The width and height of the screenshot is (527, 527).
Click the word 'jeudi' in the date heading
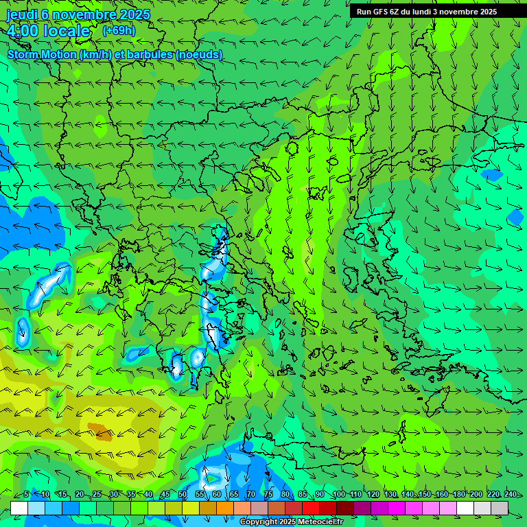pos(22,14)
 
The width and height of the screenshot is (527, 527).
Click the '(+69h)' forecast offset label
pos(119,31)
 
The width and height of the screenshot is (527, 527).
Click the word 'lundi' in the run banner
pos(429,12)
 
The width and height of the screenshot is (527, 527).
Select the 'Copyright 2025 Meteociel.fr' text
pos(291,522)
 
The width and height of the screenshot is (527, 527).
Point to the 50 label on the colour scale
pos(183,494)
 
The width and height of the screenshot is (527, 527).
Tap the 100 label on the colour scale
pos(338,494)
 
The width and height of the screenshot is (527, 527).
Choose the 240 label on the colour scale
pos(510,494)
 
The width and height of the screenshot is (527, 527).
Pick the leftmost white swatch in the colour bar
pos(19,508)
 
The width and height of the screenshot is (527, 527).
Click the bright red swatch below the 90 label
pos(311,508)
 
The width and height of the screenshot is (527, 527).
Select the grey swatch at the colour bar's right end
pos(500,508)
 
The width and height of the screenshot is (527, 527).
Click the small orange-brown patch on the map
pos(101,432)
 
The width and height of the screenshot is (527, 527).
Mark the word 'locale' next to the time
pos(67,31)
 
